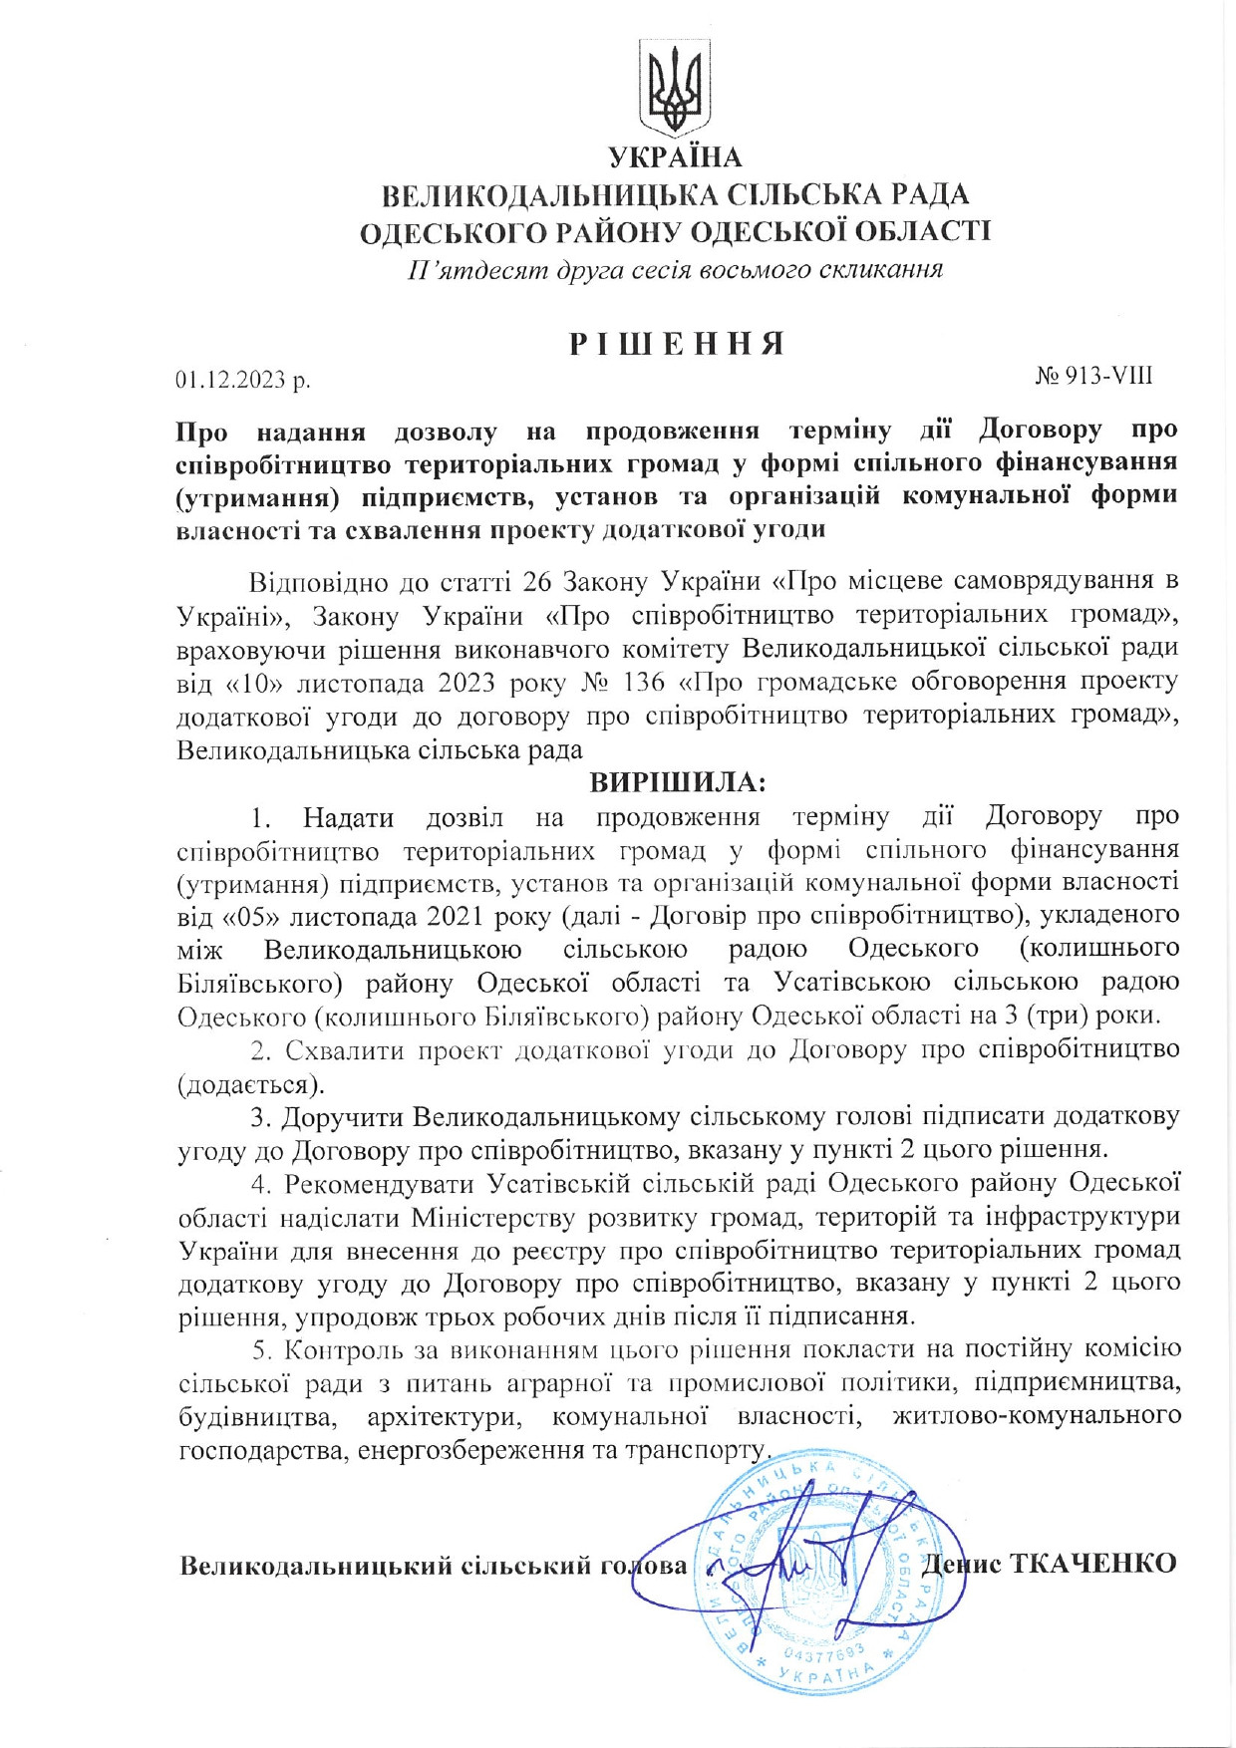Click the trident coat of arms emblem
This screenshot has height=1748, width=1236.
675,88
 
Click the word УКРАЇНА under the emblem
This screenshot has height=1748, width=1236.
675,157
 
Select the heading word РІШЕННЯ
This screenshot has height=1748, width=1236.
677,344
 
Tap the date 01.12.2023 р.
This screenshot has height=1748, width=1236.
243,380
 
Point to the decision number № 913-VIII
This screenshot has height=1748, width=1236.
1093,376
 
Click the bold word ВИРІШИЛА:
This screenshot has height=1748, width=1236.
678,782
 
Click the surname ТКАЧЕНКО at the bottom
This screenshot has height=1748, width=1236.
1093,1562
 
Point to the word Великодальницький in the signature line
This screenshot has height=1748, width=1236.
316,1566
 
